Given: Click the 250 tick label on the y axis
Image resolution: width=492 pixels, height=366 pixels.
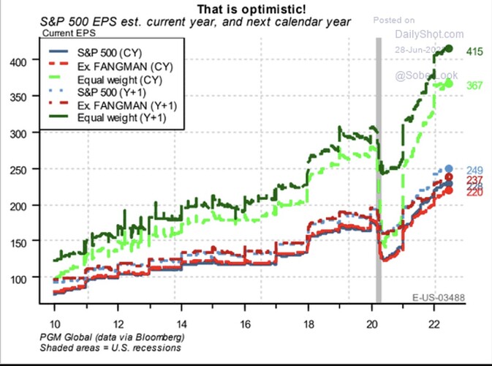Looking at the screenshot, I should coord(26,169).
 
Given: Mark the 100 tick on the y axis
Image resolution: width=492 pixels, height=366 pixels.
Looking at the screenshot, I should coord(26,278).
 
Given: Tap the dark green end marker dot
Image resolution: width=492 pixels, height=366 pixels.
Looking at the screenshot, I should coord(450,49).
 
